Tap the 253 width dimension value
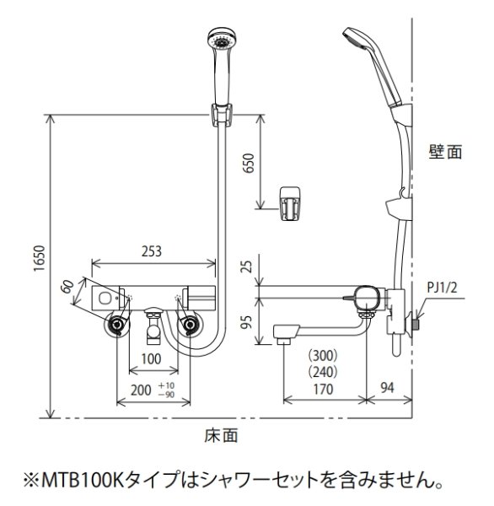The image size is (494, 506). [152, 251]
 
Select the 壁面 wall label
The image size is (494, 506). [444, 153]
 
